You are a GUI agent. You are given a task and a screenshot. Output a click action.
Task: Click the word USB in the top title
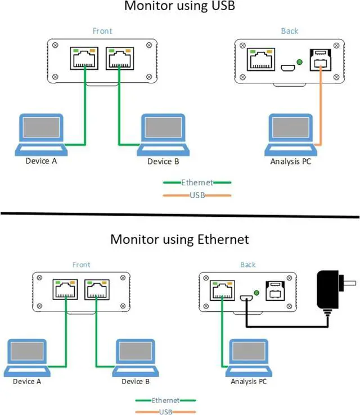[x=223, y=6]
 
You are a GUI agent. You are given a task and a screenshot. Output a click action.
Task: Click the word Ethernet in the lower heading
[x=223, y=239]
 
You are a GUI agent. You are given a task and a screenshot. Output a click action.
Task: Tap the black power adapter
[x=334, y=294]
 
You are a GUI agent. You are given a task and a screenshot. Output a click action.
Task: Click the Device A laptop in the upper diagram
[x=41, y=135]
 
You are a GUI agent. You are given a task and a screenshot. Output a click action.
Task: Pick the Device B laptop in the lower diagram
[x=136, y=358]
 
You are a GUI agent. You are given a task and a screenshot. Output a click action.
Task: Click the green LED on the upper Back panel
[x=299, y=62]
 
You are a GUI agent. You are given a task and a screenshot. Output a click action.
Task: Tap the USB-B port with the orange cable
[x=321, y=60]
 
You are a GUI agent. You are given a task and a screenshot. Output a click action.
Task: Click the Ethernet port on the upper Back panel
[x=261, y=59]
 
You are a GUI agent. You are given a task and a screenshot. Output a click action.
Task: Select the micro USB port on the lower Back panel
[x=246, y=298]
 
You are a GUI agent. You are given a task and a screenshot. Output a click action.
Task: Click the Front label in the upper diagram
[x=102, y=31]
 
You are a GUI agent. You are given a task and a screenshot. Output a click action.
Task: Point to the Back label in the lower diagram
[x=248, y=265]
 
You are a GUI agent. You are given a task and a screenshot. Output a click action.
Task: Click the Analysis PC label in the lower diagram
[x=249, y=381]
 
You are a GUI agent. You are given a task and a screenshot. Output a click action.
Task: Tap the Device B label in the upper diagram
[x=163, y=161]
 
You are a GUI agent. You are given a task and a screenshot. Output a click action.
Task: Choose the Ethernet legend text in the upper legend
[x=197, y=182]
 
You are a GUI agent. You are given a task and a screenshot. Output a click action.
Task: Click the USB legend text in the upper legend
[x=197, y=195]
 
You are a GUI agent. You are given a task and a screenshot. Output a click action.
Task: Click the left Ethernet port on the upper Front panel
[x=84, y=58]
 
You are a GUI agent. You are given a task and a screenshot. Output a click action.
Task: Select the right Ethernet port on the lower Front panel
[x=97, y=289]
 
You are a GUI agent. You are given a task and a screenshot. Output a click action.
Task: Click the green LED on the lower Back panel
[x=256, y=293]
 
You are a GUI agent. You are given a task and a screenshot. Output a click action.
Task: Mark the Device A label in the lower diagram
[x=27, y=381]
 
